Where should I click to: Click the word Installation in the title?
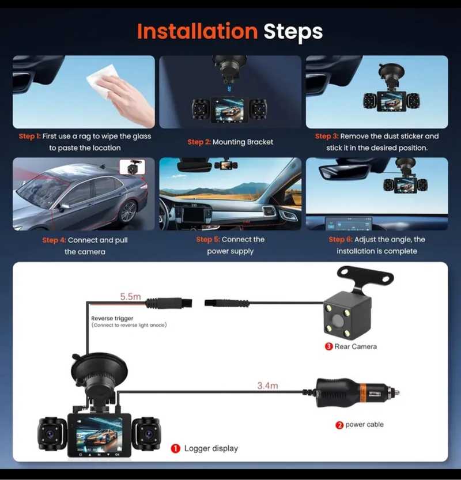[x=198, y=32]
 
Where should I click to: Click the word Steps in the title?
[x=293, y=32]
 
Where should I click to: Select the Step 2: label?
[x=199, y=142]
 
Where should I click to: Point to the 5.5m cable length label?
[x=130, y=296]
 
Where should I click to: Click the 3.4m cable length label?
[x=267, y=385]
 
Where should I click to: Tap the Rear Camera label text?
[x=356, y=346]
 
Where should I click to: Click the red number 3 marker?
[x=328, y=346]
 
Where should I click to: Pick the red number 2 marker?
[x=339, y=425]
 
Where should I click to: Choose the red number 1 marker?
[x=175, y=449]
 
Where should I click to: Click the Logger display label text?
[x=211, y=448]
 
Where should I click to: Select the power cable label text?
[x=364, y=425]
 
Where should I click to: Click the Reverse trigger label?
[x=112, y=318]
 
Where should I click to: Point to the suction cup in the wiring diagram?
[x=99, y=368]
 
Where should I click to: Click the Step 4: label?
[x=54, y=240]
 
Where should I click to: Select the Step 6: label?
[x=341, y=239]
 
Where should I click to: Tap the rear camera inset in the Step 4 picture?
[x=132, y=167]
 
